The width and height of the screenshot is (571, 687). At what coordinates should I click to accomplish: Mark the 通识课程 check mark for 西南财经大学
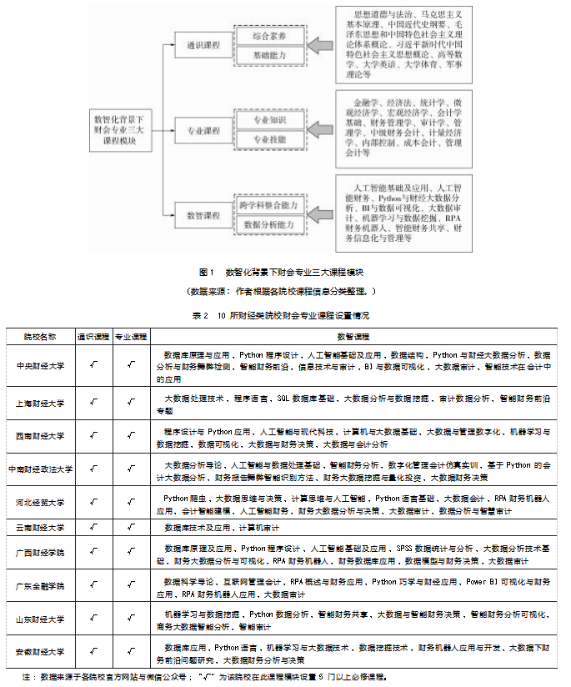(x=93, y=436)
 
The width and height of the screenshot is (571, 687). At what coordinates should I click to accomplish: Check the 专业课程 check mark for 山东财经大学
(x=130, y=619)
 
